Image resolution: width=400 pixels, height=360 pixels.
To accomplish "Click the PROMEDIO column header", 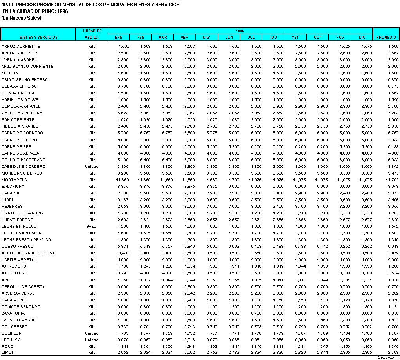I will click(x=386, y=38).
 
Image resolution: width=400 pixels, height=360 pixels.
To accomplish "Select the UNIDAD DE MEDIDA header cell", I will click(x=91, y=34).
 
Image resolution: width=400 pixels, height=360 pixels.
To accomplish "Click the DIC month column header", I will click(x=362, y=38).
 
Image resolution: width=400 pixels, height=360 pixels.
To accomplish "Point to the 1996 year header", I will click(x=240, y=31).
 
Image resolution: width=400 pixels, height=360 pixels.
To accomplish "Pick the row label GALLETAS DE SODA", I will click(x=22, y=113).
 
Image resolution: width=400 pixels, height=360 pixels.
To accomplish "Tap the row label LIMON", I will click(x=8, y=353).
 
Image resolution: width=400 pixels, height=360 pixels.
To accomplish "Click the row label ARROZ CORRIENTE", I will click(x=21, y=47).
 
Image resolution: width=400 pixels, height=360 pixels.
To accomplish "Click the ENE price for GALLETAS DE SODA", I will click(x=123, y=113).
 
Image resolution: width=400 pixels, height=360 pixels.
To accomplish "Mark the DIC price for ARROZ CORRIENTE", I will click(x=366, y=47).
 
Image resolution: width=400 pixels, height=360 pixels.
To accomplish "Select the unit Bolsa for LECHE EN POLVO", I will click(x=91, y=227).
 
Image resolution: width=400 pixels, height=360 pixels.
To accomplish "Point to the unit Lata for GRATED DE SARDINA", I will click(x=91, y=213).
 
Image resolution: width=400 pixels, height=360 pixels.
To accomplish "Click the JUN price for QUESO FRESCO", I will click(x=233, y=247).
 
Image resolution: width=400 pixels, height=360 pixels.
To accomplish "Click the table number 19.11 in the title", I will click(x=7, y=5).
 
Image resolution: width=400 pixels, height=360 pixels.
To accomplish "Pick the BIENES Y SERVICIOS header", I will click(x=38, y=38).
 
